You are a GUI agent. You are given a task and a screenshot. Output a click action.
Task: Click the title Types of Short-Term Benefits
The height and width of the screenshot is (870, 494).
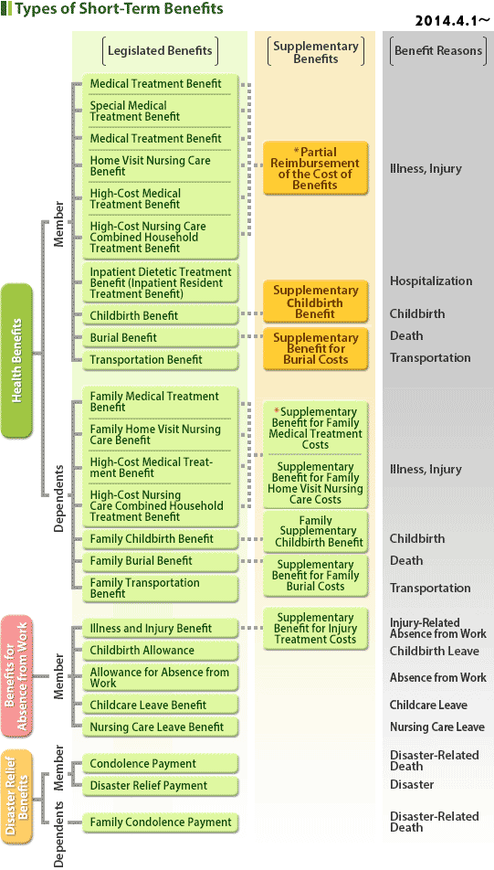click(x=119, y=9)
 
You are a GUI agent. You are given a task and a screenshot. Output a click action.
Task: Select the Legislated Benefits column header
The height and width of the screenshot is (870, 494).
click(x=160, y=51)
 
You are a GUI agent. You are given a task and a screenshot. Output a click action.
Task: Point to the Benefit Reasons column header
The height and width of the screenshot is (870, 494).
click(x=438, y=51)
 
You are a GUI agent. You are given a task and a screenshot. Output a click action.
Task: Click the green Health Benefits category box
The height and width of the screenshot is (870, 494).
click(x=16, y=361)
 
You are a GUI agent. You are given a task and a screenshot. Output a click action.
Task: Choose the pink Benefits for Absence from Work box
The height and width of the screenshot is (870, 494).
click(x=16, y=676)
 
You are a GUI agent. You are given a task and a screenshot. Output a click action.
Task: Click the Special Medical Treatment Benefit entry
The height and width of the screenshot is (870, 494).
click(x=160, y=111)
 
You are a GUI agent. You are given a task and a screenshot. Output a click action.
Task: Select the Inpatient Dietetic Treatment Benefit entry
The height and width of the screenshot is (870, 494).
click(x=160, y=282)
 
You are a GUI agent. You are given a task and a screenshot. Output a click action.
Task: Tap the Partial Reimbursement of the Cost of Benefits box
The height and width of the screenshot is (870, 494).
click(x=315, y=168)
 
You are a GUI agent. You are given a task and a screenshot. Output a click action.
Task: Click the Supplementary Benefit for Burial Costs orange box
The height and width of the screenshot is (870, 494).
click(x=315, y=348)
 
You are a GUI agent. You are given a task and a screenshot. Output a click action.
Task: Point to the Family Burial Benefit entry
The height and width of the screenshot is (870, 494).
click(x=160, y=561)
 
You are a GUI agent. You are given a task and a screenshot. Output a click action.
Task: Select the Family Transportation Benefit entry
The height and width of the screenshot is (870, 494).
click(x=160, y=589)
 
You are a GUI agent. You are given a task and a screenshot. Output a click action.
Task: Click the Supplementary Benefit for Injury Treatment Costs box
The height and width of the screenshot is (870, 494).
click(x=315, y=629)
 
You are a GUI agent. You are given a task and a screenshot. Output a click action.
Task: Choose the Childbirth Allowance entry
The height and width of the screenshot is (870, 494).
click(x=160, y=651)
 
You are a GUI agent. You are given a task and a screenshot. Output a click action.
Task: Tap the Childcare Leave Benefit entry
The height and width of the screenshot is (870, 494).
click(x=160, y=706)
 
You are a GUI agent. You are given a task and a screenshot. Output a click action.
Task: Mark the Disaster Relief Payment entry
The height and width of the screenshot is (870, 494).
click(x=160, y=786)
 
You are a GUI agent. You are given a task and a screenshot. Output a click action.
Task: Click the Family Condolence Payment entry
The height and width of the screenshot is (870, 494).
click(x=160, y=822)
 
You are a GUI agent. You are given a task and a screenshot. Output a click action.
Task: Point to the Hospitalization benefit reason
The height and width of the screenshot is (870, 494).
click(x=431, y=281)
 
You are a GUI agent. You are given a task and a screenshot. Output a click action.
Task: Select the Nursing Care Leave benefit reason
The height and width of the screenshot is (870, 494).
click(x=436, y=727)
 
